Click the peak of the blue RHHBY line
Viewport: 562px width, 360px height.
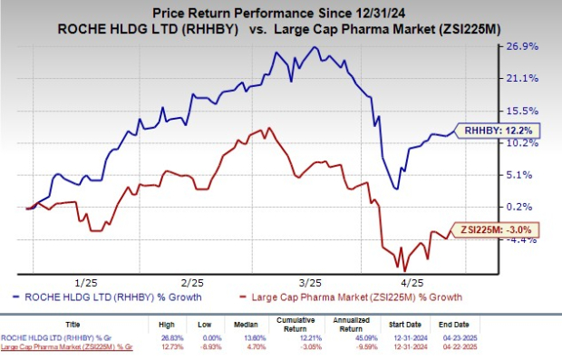pyautogui.click(x=315, y=47)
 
